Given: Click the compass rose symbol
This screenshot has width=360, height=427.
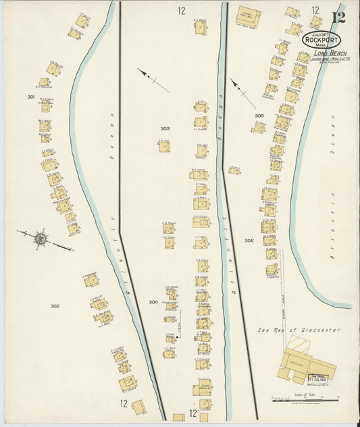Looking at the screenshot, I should (41, 237).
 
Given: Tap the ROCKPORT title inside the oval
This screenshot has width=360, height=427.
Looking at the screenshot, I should (322, 40).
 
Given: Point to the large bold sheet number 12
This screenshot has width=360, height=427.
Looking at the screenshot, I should (338, 16).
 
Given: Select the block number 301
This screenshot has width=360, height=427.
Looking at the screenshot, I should (30, 97).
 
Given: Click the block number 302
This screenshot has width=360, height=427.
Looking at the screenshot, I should (55, 306).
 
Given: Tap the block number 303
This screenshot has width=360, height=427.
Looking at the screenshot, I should (165, 128).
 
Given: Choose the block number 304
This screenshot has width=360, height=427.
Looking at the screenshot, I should (153, 302).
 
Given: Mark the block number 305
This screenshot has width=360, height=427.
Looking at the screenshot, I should (259, 116).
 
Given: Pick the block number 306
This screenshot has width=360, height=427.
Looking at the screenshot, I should (249, 241).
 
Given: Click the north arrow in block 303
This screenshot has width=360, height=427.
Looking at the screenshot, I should (153, 80).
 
